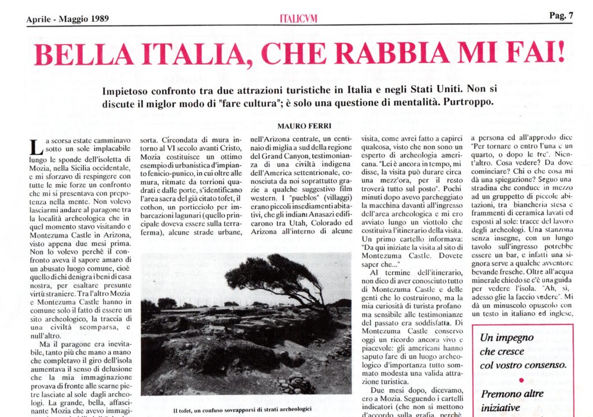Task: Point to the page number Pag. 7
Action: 561,16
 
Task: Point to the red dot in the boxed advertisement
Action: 521,380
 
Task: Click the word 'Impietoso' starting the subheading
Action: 130,92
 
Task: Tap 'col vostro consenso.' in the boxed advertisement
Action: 523,365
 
